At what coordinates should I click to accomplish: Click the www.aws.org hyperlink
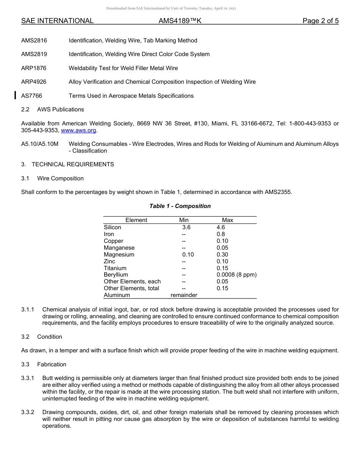click(x=79, y=130)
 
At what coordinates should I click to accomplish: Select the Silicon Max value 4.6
click(x=221, y=227)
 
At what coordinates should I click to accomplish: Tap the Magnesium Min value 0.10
click(x=188, y=255)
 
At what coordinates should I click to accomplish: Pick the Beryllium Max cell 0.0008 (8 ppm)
click(x=236, y=275)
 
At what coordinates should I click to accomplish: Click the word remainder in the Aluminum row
click(x=184, y=295)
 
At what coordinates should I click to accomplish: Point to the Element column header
click(x=136, y=220)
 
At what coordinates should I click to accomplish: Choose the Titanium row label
click(x=115, y=268)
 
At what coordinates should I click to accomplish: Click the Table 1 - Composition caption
click(x=180, y=206)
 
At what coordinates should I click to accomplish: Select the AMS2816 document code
click(x=34, y=41)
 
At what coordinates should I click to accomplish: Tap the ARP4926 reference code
click(x=34, y=82)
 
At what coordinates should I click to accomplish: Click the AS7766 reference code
click(x=31, y=96)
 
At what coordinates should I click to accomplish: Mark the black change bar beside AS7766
click(x=15, y=95)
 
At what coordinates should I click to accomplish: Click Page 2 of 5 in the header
click(x=320, y=21)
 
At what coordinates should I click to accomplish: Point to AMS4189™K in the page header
click(x=180, y=21)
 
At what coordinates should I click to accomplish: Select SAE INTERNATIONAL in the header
click(x=57, y=21)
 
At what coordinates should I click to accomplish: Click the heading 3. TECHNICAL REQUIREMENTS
click(x=67, y=164)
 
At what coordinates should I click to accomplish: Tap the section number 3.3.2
click(x=28, y=412)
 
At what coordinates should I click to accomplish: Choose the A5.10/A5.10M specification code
click(x=40, y=144)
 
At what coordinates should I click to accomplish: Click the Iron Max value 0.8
click(x=221, y=234)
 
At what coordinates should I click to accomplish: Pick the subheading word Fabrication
click(x=52, y=364)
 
